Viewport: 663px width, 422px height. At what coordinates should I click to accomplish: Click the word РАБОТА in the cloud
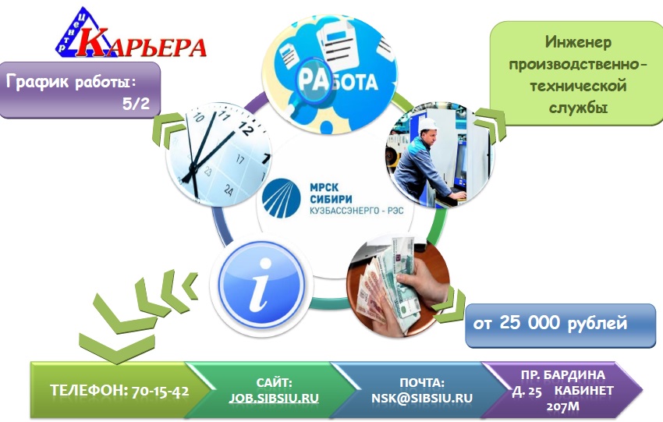(x=335, y=80)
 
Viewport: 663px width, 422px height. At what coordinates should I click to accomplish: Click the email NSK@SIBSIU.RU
(x=422, y=397)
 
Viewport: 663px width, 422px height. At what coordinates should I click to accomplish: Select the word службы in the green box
(x=576, y=102)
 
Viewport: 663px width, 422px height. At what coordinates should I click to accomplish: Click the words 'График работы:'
(x=72, y=80)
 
